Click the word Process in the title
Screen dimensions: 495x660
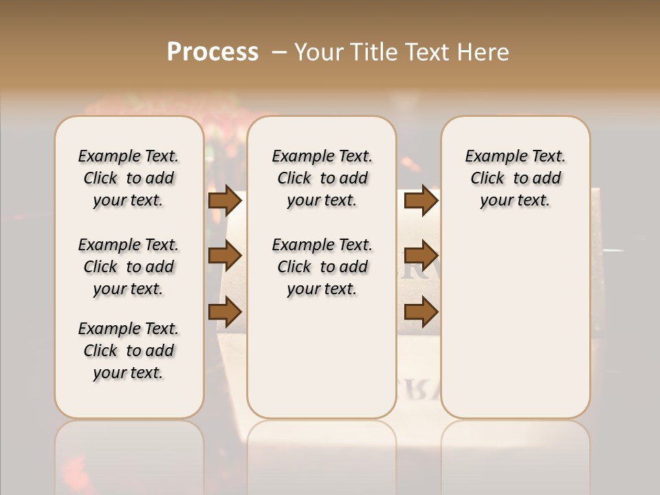click(212, 52)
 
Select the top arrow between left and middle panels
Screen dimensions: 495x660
click(225, 200)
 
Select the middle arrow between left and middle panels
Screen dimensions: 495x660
click(225, 256)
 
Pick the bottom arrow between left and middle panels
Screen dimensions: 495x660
click(225, 311)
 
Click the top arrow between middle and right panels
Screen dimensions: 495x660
click(421, 200)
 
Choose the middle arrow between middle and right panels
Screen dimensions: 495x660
click(421, 256)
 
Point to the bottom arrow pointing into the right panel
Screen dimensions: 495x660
click(421, 311)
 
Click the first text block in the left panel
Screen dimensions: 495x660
click(129, 178)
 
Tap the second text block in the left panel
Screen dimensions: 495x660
click(129, 267)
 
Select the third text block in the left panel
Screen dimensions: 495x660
click(129, 351)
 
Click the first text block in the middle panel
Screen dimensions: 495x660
click(322, 178)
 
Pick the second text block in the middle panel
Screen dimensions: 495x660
click(322, 267)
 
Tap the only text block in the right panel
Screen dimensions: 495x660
click(516, 178)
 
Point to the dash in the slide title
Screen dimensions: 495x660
click(279, 52)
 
